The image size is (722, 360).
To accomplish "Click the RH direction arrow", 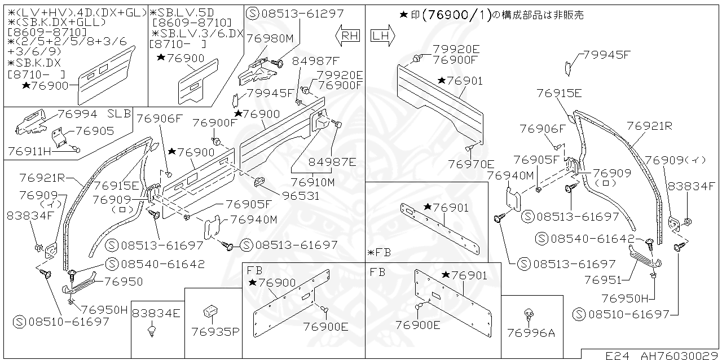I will click(347, 36).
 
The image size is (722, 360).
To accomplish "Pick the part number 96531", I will click(300, 196).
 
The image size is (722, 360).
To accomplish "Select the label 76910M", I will click(312, 182).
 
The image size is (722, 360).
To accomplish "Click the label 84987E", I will click(332, 162).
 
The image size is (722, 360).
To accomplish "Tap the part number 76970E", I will click(471, 164).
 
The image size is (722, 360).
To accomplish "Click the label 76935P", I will click(215, 331).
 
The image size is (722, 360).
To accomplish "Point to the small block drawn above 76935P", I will click(211, 310).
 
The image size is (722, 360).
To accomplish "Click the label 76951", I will click(603, 279).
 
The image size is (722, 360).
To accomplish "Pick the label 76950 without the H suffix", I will click(124, 282).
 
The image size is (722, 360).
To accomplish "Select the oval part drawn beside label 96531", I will click(261, 182).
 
